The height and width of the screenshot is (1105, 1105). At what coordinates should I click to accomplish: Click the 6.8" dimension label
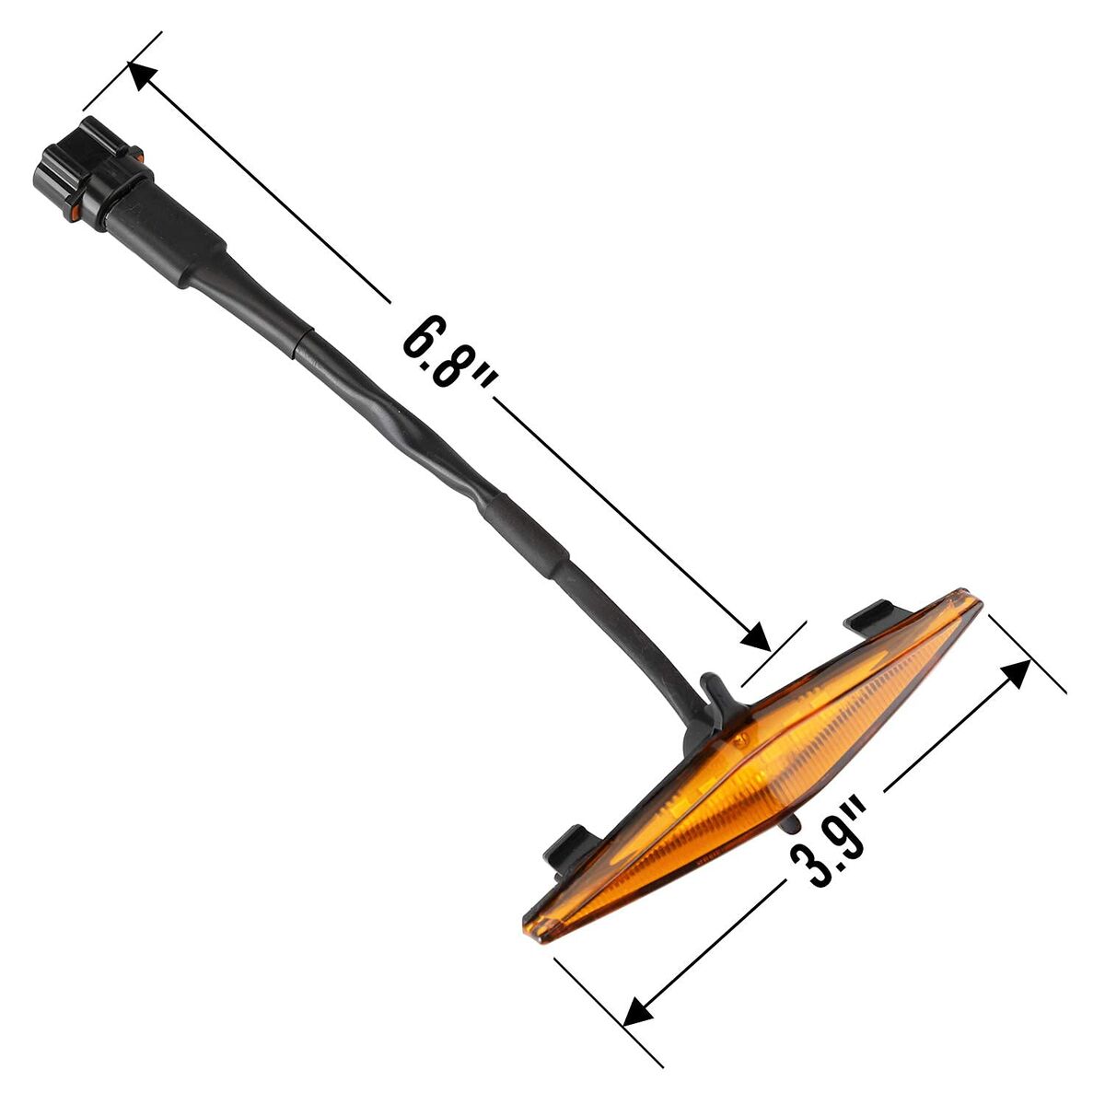[449, 351]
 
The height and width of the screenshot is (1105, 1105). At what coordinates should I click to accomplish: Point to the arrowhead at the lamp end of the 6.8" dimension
[756, 636]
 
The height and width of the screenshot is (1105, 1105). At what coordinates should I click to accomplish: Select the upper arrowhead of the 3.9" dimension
[1015, 675]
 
